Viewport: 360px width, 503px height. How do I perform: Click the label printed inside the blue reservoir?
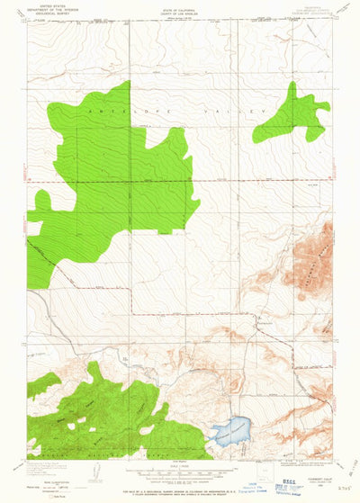pyautogui.click(x=229, y=432)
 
